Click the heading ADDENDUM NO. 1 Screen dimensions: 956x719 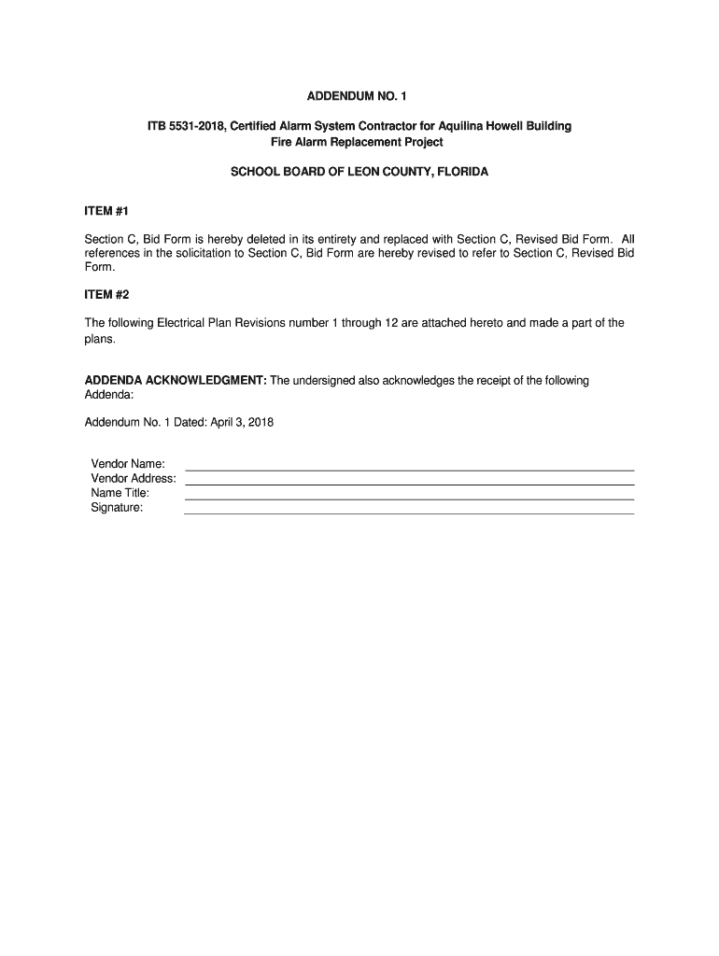point(359,96)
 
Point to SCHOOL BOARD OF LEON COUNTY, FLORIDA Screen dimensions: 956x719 point(359,173)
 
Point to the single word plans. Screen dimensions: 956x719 point(100,339)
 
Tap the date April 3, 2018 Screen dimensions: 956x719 point(244,422)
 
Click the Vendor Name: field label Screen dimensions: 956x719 point(128,464)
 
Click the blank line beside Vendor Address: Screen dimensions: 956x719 point(410,484)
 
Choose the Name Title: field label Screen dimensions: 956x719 point(120,493)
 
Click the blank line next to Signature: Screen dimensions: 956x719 point(410,513)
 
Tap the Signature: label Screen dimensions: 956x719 point(117,508)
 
